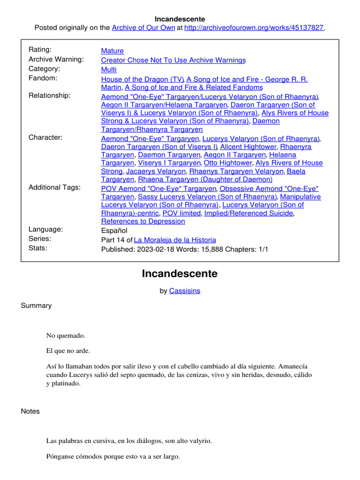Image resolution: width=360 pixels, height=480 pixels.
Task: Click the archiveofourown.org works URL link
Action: pos(254,28)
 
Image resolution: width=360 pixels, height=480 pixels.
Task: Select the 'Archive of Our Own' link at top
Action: pos(142,28)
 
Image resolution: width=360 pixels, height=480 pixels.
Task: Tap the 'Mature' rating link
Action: pos(112,51)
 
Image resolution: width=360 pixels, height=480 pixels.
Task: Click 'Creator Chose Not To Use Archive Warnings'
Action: pos(173,60)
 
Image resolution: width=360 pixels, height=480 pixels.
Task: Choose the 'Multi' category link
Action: pos(109,69)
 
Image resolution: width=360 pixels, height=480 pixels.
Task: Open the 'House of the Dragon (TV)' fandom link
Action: pos(142,79)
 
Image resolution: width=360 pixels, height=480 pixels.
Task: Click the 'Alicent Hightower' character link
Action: pos(248,147)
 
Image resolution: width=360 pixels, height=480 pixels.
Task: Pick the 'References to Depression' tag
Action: pos(143,221)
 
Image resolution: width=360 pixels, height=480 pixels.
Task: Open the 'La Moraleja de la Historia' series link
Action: pos(175,240)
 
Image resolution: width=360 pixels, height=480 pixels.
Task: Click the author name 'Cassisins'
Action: pos(185,291)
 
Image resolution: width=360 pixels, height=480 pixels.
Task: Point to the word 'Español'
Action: pos(114,230)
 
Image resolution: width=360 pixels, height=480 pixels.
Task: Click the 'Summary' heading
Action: pos(36,306)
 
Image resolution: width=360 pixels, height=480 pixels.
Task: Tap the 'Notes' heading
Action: pos(30,411)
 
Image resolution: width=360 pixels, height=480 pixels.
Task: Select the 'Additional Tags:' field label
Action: pos(54,187)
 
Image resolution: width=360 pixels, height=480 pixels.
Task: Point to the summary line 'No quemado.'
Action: pos(66,336)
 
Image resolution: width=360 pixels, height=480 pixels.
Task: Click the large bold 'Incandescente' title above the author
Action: pos(180,274)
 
